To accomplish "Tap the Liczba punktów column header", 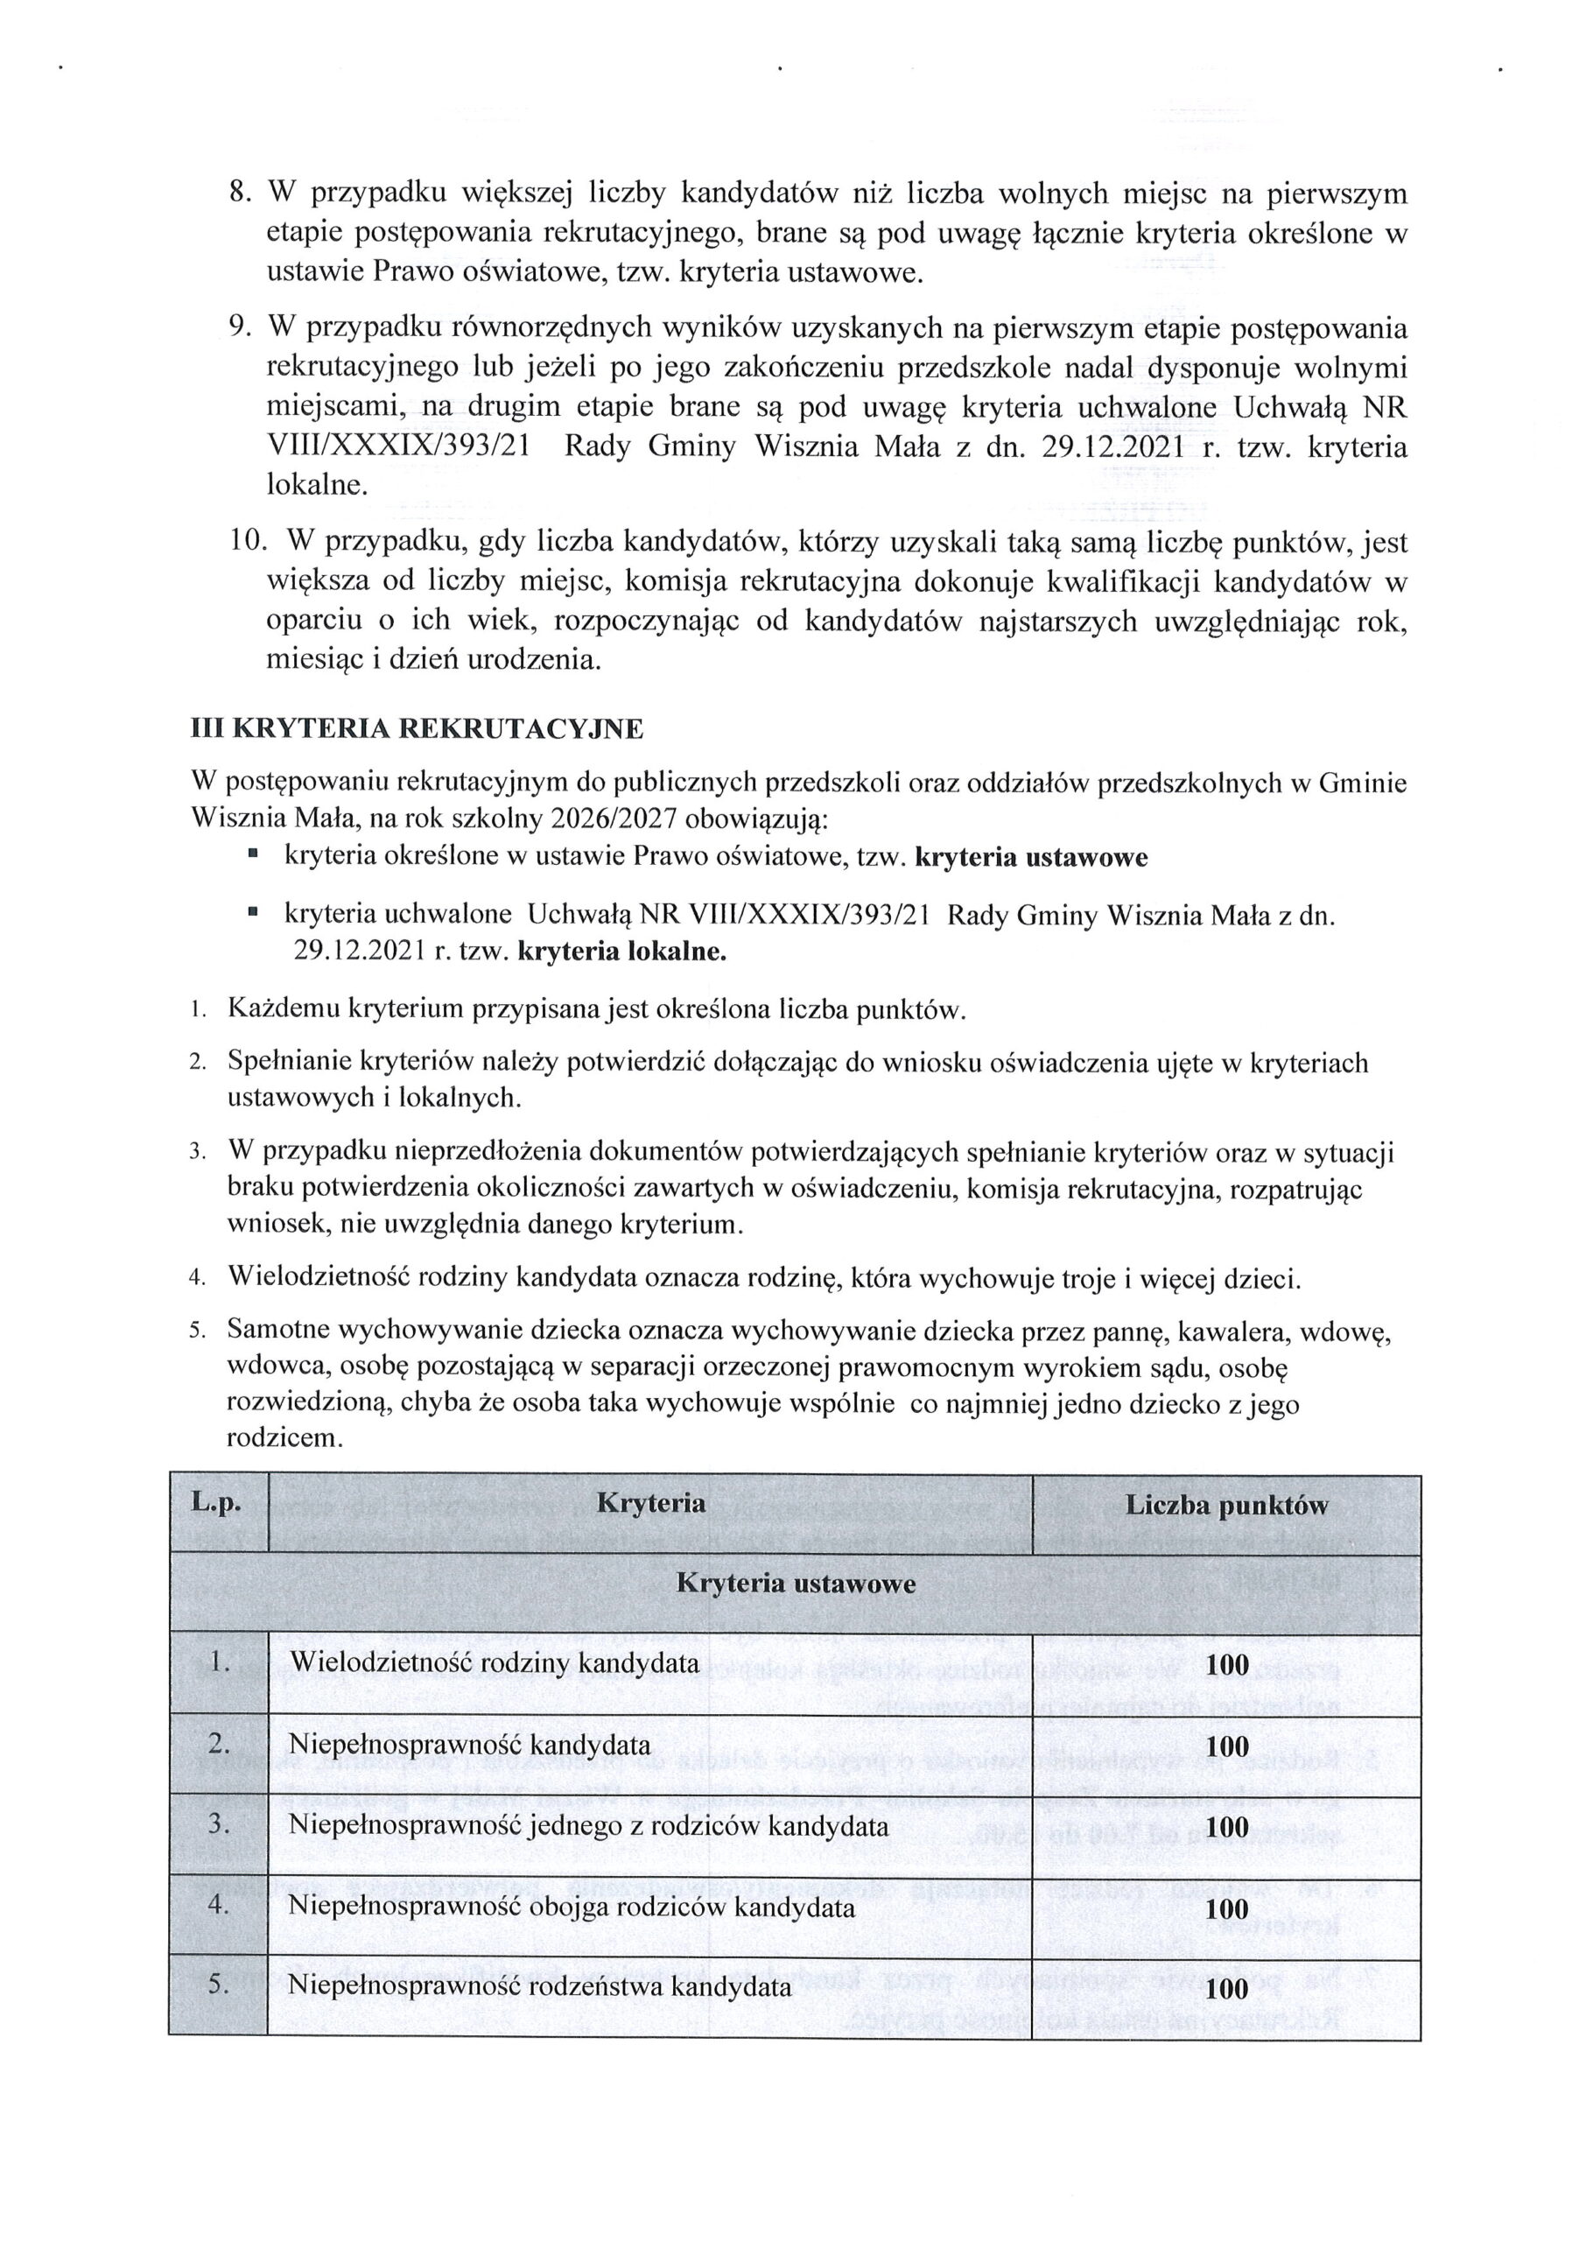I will coord(1226,1506).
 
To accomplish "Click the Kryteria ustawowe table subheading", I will coord(796,1584).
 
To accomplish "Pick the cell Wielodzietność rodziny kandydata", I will coord(495,1662).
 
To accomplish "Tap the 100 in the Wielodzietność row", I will coord(1227,1664).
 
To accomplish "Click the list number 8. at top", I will coord(242,193).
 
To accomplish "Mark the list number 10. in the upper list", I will coord(247,541).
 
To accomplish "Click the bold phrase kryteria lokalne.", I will coord(622,952).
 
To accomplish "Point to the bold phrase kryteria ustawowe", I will coord(1031,857).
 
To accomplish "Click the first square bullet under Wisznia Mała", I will coord(253,855).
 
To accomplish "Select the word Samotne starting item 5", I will coord(278,1330).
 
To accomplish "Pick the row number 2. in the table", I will coord(219,1743).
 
